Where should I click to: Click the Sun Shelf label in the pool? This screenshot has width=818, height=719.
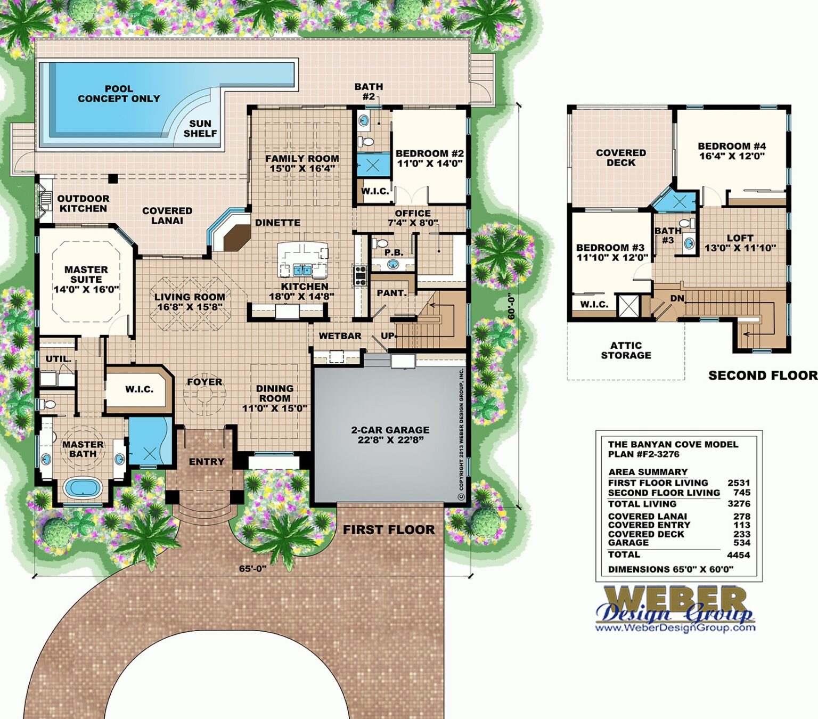pos(200,128)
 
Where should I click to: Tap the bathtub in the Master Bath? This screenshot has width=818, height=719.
pos(83,487)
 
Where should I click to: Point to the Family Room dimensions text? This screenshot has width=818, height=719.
pos(302,169)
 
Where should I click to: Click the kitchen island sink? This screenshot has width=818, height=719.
pos(302,270)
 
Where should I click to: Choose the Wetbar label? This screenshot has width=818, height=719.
pos(340,336)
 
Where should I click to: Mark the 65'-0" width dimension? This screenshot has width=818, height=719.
pos(252,568)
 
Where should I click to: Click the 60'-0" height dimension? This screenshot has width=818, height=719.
pos(511,306)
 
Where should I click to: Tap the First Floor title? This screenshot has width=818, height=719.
pos(389,529)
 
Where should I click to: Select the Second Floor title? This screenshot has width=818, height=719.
pos(763,375)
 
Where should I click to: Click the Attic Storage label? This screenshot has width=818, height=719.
pos(626,350)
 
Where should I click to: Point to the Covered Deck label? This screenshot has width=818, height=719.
pos(621,158)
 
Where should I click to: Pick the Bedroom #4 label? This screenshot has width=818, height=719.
pos(732,146)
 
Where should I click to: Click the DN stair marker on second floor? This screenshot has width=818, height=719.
pos(677,298)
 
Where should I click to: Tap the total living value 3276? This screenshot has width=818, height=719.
pos(739,504)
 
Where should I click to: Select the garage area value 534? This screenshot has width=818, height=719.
pos(741,543)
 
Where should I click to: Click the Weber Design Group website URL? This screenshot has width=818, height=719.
pos(675,627)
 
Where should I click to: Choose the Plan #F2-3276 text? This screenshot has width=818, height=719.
pos(643,454)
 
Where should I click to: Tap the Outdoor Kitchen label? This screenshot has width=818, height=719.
pos(83,203)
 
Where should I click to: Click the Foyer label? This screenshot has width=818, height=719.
pos(204,382)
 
